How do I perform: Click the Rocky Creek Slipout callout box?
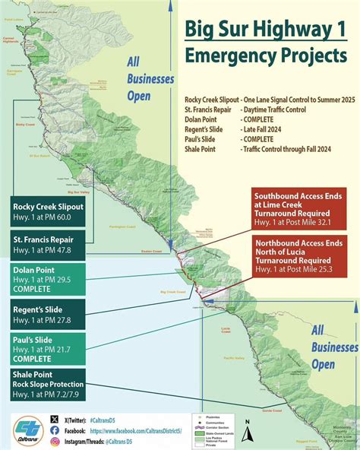tap(47, 212)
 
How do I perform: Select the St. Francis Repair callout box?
tap(47, 243)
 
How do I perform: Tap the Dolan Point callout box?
tap(47, 279)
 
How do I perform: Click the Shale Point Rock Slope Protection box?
tap(47, 384)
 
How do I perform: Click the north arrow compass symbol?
tap(246, 423)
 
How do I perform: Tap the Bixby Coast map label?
tap(26, 125)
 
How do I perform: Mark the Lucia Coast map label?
tap(225, 329)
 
